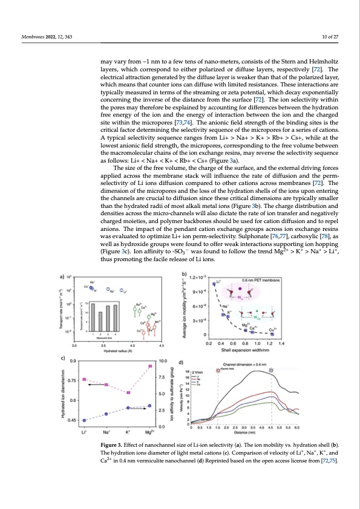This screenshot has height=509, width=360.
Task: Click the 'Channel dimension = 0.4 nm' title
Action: (x=250, y=363)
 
